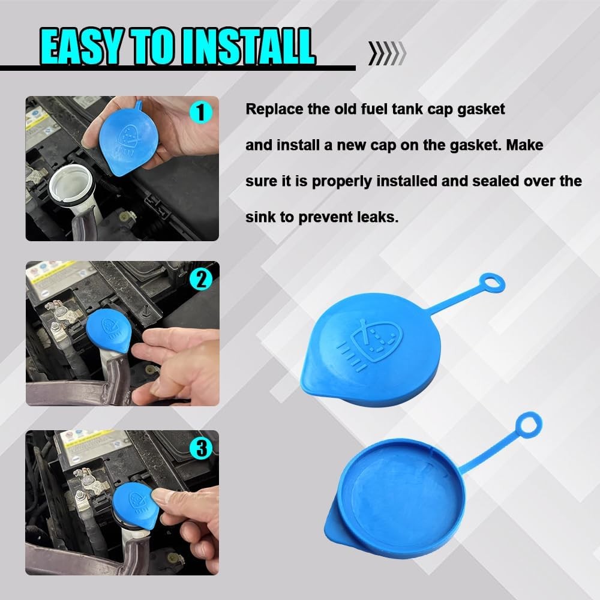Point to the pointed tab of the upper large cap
[x=312, y=378]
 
